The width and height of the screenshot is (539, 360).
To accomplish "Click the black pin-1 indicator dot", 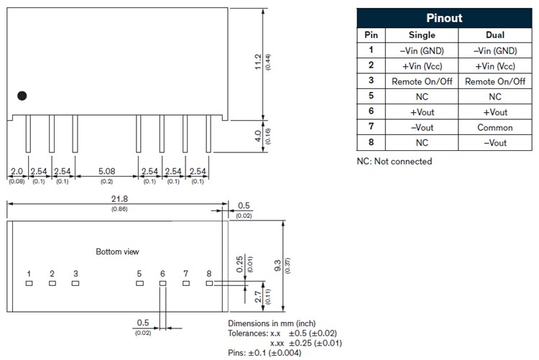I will click(22, 96).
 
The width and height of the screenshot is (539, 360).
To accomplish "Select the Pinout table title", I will click(445, 18).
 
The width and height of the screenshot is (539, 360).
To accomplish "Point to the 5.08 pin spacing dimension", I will click(106, 172).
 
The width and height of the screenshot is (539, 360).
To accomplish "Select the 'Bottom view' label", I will click(117, 251).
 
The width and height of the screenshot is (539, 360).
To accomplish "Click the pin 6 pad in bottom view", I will click(162, 283).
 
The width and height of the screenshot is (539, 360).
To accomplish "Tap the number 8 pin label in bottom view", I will click(208, 273).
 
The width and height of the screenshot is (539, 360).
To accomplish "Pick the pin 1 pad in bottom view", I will click(29, 283).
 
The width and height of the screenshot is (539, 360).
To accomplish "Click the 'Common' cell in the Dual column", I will click(495, 128).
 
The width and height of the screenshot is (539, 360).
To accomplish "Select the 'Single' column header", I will click(422, 34).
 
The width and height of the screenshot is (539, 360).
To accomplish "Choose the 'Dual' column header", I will click(495, 34).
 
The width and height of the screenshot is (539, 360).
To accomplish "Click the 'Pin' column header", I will click(371, 34).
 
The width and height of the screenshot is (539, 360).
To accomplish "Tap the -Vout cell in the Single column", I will click(422, 128).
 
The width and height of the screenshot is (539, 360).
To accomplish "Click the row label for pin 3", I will click(371, 81).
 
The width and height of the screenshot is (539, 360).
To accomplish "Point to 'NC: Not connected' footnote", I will click(395, 161).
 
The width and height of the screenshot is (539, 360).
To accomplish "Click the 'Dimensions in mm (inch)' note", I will click(272, 323).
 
